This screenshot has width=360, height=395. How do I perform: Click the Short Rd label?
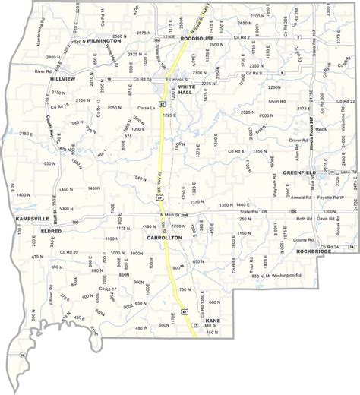pyautogui.click(x=275, y=100)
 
